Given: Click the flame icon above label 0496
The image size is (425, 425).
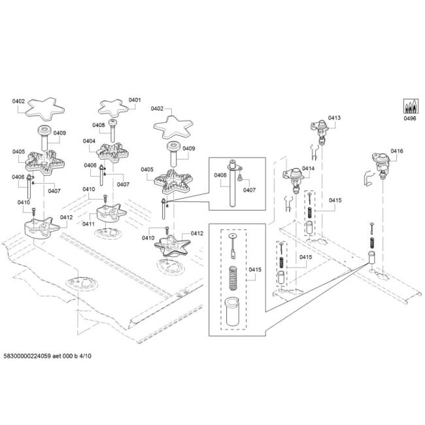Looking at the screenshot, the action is click(411, 106).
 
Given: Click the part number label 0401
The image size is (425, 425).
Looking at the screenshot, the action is click(135, 100).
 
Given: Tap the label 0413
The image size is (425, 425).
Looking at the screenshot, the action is click(334, 118).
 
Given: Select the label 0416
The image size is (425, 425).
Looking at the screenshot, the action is click(397, 151).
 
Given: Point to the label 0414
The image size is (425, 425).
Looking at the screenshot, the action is click(308, 168).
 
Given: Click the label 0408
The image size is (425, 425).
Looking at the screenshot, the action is click(99, 125).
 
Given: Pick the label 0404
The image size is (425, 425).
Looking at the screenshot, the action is click(89, 141).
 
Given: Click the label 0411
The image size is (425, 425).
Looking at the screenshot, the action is click(89, 224).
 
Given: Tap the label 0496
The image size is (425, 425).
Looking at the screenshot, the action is click(410, 118).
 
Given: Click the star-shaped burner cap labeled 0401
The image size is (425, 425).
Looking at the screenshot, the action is click(113, 108).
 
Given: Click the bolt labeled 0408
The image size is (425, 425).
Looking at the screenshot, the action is click(112, 130).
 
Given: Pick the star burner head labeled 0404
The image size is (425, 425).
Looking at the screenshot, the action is click(113, 153).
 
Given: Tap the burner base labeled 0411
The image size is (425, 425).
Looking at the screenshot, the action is click(111, 213).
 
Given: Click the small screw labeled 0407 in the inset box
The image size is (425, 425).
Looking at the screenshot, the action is click(239, 177).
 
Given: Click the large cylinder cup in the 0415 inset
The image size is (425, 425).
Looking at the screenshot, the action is click(233, 311).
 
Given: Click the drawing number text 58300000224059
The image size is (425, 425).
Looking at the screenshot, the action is click(27, 356).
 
